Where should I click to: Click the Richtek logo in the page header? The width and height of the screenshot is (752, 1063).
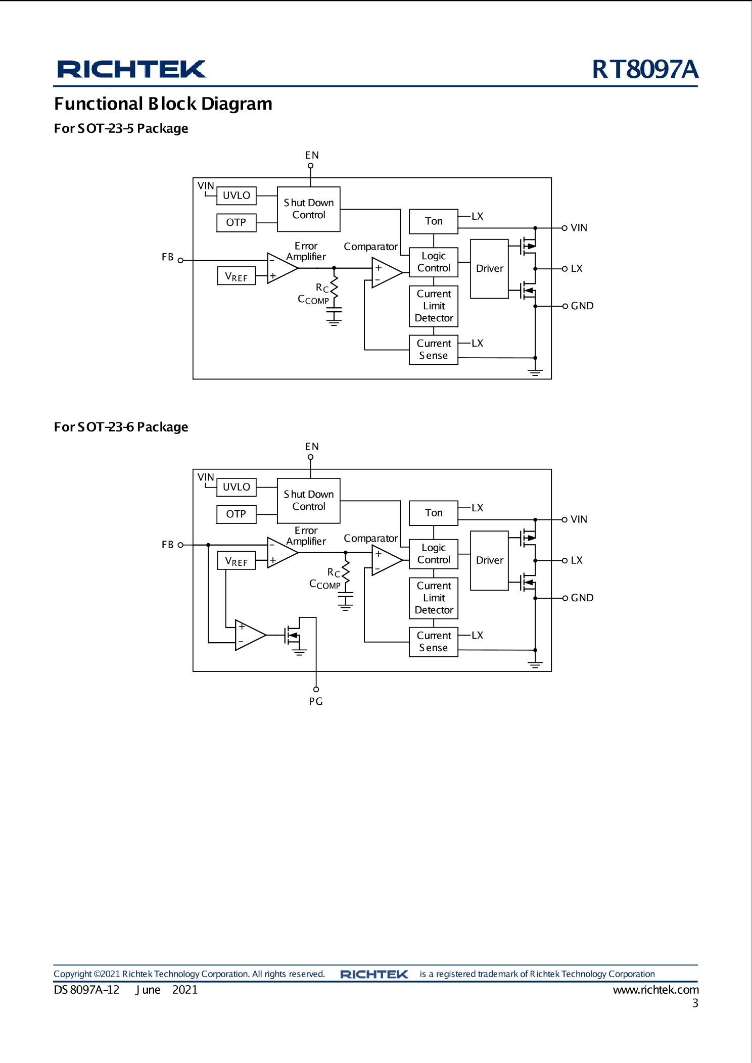[131, 69]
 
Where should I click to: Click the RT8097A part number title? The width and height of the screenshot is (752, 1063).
[645, 69]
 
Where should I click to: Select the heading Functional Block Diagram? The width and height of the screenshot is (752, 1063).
[163, 104]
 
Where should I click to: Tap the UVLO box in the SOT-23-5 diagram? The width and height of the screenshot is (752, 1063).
[236, 196]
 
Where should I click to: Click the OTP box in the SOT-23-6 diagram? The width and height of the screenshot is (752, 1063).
[236, 514]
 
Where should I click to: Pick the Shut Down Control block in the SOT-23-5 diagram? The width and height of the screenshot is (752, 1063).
[308, 209]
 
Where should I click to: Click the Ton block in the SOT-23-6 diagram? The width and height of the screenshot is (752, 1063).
[433, 513]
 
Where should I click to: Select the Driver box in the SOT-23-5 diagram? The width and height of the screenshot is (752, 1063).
[489, 269]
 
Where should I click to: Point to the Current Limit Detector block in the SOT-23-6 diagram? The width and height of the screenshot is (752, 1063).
[433, 598]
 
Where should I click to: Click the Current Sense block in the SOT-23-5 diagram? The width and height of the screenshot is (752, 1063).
[433, 350]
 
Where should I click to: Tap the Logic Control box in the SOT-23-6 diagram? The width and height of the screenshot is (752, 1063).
[433, 554]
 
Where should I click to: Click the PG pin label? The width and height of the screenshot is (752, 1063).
[316, 701]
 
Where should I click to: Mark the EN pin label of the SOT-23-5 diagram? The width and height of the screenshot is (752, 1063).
[312, 155]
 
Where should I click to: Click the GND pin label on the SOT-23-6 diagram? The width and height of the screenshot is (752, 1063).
[582, 598]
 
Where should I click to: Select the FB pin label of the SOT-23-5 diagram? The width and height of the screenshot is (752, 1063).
[167, 257]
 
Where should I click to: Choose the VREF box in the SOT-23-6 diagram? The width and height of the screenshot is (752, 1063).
[236, 561]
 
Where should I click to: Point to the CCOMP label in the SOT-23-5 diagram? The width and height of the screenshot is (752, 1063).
[313, 300]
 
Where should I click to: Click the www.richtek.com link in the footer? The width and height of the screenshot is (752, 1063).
[655, 990]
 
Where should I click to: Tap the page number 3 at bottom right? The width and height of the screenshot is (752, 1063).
[695, 1003]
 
